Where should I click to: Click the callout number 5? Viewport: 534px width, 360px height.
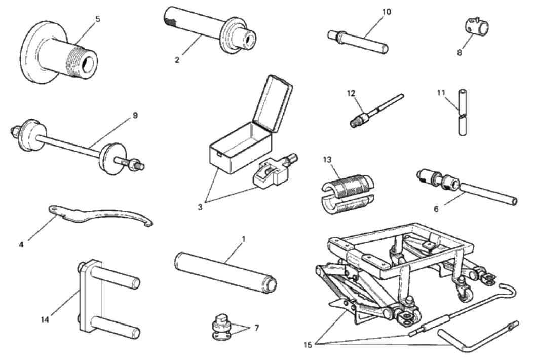tap(97, 19)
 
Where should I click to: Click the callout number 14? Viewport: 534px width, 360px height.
tap(45, 319)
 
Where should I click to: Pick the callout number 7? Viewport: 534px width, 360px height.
tap(257, 328)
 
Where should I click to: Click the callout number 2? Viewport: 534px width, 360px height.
tap(177, 60)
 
